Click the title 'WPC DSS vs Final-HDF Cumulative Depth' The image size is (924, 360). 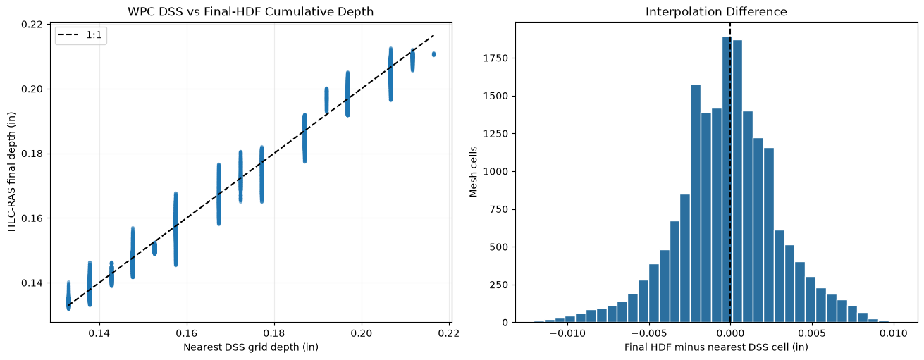250,11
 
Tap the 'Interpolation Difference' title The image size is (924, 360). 716,11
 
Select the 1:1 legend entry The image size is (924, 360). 81,35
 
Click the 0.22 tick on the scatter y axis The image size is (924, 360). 31,25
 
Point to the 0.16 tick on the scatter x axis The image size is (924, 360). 187,333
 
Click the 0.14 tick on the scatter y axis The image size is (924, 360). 31,283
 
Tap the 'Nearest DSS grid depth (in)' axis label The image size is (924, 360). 251,347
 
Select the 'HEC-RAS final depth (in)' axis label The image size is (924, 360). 11,172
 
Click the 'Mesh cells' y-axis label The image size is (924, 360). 473,172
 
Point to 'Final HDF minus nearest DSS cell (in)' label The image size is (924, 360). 716,347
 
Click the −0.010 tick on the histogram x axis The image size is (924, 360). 567,333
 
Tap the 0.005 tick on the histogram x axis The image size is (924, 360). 811,333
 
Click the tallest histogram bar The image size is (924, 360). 727,180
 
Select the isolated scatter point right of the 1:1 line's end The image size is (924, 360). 433,54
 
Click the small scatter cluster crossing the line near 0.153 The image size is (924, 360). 154,248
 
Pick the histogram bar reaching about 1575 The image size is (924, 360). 696,204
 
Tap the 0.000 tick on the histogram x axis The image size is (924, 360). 730,333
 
